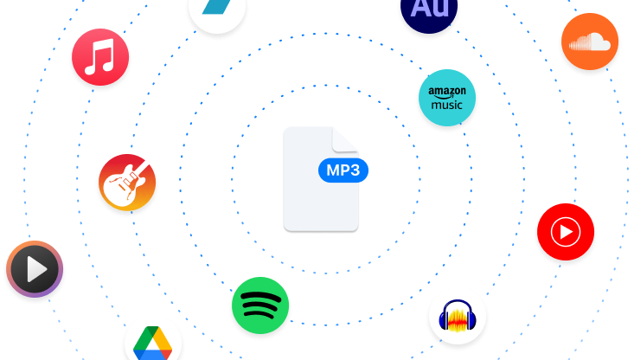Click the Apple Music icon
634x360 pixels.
pos(101,58)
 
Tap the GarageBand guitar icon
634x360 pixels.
pos(127,183)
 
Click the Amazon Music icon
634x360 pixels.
pos(446,100)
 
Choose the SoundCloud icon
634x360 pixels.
pos(589,42)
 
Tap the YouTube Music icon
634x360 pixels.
pos(566,232)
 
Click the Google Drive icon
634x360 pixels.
pos(153,341)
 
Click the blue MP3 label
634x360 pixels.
pos(343,170)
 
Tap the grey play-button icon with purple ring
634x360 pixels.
pos(35,270)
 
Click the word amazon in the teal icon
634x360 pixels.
pos(446,92)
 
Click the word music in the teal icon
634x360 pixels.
pos(446,106)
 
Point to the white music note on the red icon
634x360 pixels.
pos(100,58)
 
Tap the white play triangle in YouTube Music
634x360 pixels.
pos(567,232)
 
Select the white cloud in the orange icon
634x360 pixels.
pos(591,42)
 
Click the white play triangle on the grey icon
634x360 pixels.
pos(36,270)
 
